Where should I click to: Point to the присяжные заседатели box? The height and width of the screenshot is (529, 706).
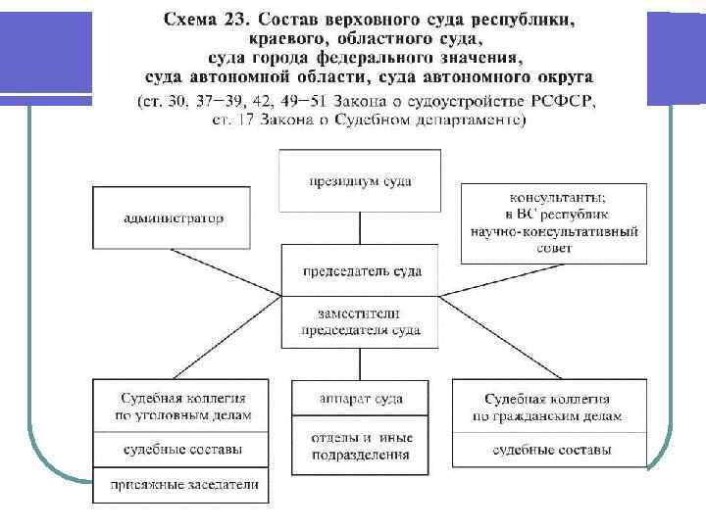coord(176,484)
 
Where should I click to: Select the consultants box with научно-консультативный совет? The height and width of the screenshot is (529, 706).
coord(553,222)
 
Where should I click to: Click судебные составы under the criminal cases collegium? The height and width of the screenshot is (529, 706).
coord(176,450)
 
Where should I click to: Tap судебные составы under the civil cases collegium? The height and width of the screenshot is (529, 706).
coord(549,450)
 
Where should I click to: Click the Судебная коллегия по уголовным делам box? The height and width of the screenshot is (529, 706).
coord(176,407)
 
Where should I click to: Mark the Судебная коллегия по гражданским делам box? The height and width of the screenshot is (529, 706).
coord(549,407)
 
